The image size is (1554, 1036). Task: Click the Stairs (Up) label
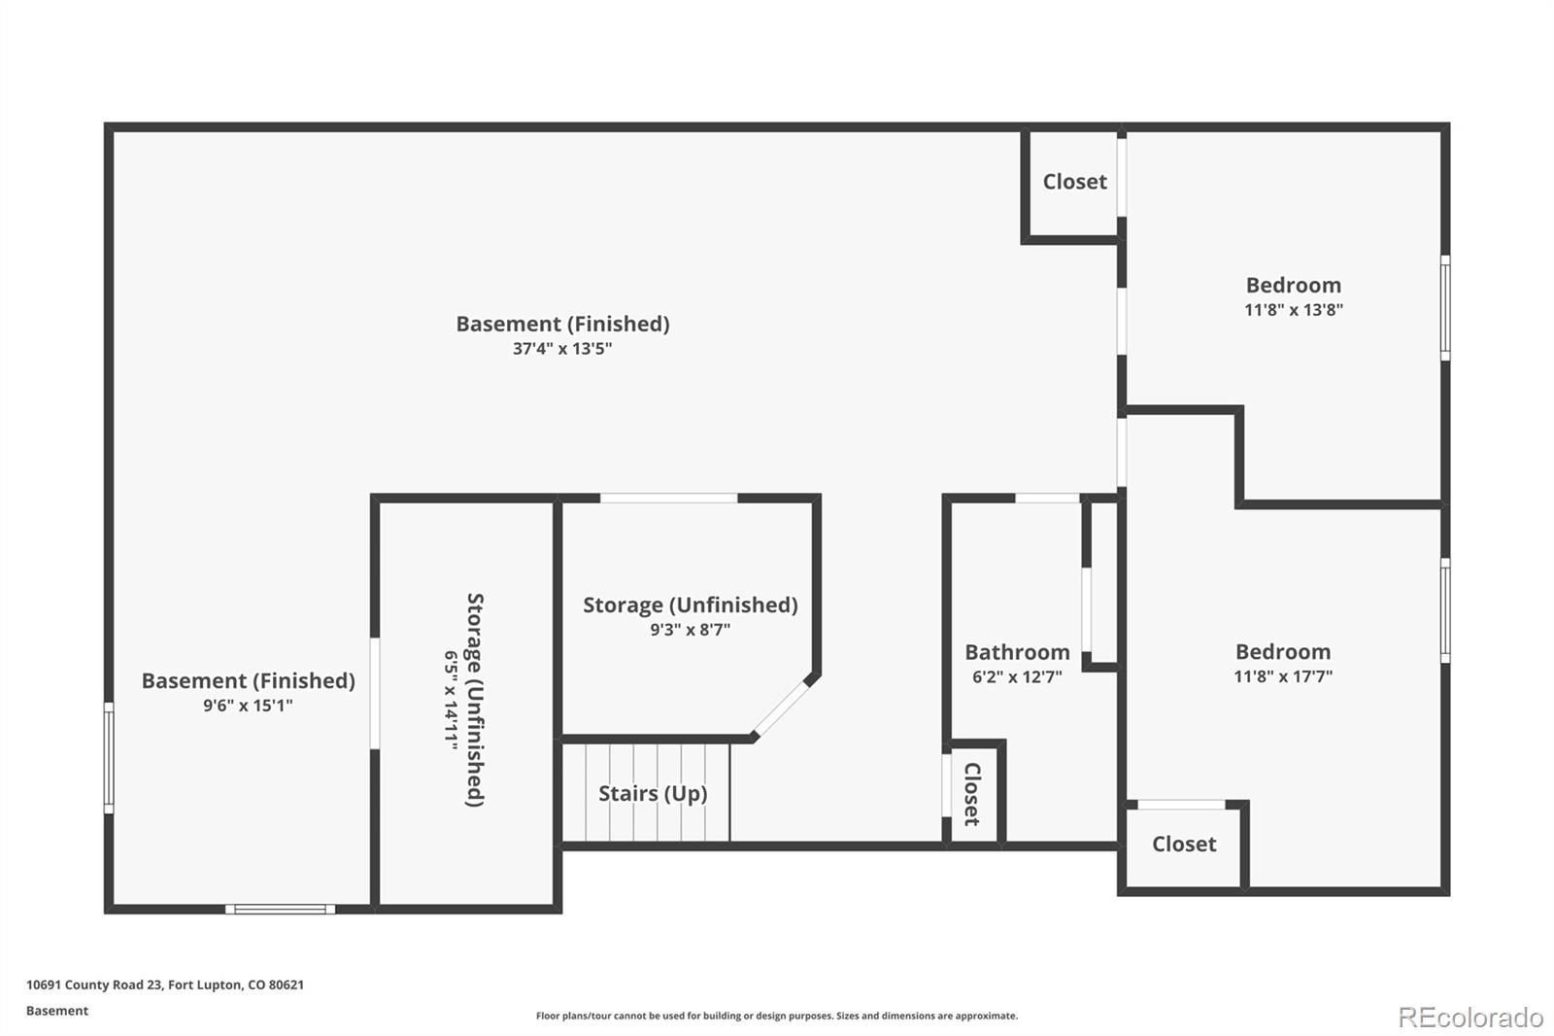[653, 794]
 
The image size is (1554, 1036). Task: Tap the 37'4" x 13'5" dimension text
[562, 349]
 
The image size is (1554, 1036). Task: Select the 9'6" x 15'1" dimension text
[248, 706]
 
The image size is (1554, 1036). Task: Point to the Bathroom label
[1017, 653]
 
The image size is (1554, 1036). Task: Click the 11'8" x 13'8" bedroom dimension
[1293, 310]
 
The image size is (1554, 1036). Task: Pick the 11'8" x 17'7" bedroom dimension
[1283, 676]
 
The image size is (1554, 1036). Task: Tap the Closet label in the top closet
[1074, 182]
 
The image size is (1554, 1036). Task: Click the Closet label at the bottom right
[1184, 845]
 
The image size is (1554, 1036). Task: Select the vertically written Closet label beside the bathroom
[972, 794]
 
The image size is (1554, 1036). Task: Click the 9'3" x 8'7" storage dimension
[691, 630]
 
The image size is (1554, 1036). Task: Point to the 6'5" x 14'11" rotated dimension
[451, 701]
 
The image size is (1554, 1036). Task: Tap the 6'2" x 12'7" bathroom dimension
[1017, 677]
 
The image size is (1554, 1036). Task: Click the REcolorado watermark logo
[1470, 1018]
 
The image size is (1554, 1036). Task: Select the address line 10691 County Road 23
[165, 984]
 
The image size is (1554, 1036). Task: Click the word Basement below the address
[57, 1011]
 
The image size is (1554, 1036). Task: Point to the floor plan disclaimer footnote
[777, 1016]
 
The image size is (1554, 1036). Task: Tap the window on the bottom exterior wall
[281, 909]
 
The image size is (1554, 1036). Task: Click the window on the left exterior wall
[109, 757]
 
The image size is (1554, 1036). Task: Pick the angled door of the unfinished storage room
[782, 708]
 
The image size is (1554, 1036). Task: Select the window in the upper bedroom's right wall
[1445, 308]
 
